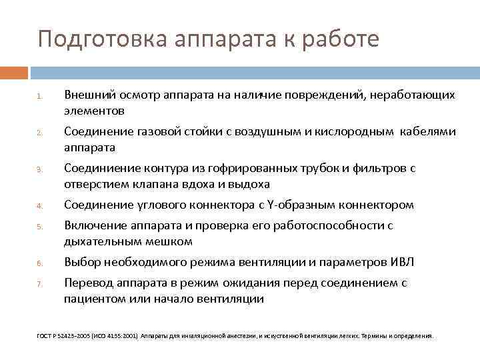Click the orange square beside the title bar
tap(14, 72)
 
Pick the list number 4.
tap(40, 206)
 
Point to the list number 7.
tap(40, 285)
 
